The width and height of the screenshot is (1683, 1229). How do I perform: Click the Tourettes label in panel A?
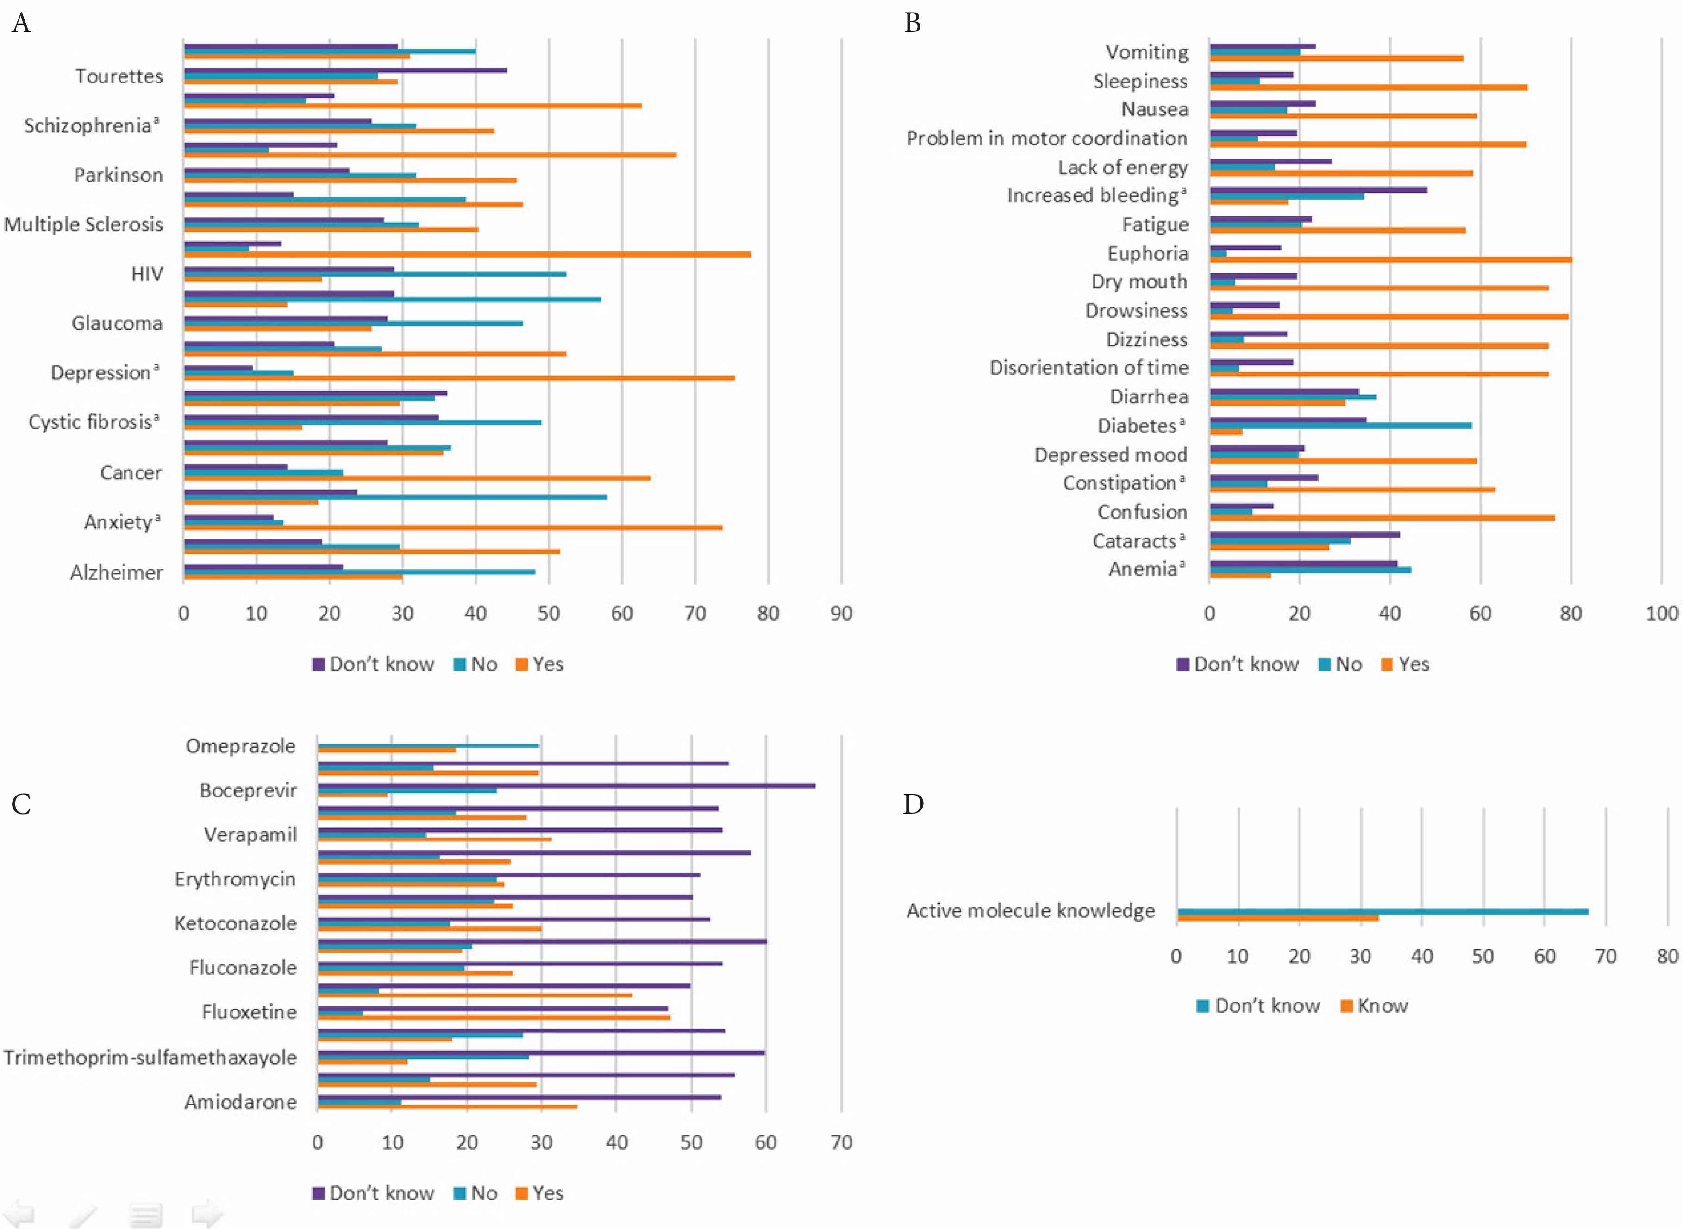[x=119, y=76]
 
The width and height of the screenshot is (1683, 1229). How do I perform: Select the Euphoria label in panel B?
[x=1147, y=254]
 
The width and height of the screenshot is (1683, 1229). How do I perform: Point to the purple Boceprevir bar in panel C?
[x=566, y=786]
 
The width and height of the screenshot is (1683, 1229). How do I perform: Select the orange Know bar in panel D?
[x=1278, y=918]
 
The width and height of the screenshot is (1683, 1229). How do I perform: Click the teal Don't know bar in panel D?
[x=1382, y=911]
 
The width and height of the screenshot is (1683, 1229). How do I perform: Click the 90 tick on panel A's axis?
[x=841, y=614]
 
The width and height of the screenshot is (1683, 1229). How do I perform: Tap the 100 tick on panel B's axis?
[x=1661, y=614]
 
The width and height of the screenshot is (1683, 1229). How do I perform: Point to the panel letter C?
[x=21, y=804]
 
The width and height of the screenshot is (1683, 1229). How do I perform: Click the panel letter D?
[x=913, y=804]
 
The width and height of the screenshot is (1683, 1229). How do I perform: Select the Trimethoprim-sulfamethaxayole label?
[x=150, y=1057]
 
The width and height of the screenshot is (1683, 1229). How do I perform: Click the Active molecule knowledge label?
[x=1031, y=910]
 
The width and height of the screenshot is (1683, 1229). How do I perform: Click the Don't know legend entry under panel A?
[x=373, y=665]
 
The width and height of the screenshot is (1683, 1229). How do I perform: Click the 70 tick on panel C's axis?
[x=841, y=1143]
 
